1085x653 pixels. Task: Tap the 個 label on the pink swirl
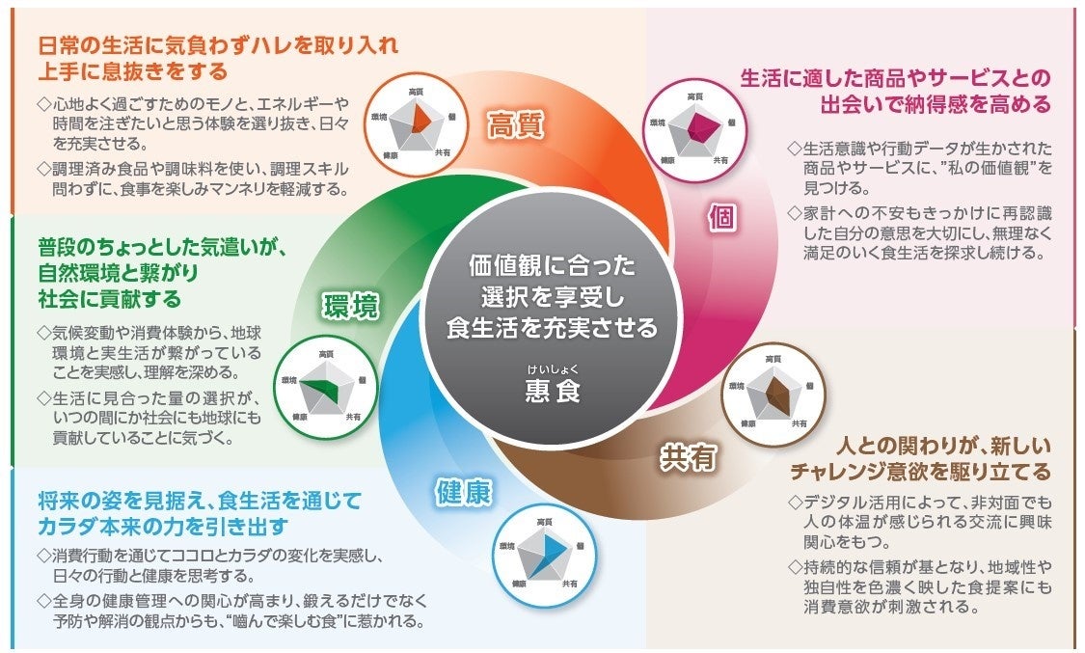pos(721,217)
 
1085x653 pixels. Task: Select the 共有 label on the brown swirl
pos(689,457)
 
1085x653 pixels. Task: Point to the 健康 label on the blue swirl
pos(464,492)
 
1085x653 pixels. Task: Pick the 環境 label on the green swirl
pos(350,306)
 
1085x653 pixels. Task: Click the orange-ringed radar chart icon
pos(417,122)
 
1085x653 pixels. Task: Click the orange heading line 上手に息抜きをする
pos(134,71)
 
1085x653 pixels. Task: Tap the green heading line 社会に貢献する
pos(110,296)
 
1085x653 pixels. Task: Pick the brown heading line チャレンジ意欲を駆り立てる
pos(920,473)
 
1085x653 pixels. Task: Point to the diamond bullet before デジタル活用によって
pos(795,503)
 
